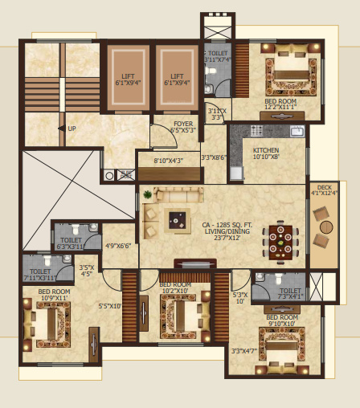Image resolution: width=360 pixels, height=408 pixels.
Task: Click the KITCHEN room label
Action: (265, 150)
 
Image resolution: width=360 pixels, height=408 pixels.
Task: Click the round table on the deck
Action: (325, 227)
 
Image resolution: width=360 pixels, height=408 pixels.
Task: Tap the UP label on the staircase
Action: (71, 128)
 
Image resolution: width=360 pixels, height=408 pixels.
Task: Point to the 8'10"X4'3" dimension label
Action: (168, 161)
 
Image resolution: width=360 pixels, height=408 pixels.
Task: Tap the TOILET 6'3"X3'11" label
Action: (71, 243)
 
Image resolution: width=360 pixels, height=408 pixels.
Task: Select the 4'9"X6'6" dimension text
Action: (118, 247)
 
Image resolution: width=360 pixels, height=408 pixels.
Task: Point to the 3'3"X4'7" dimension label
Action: (243, 350)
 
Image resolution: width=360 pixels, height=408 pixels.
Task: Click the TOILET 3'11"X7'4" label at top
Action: (217, 56)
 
